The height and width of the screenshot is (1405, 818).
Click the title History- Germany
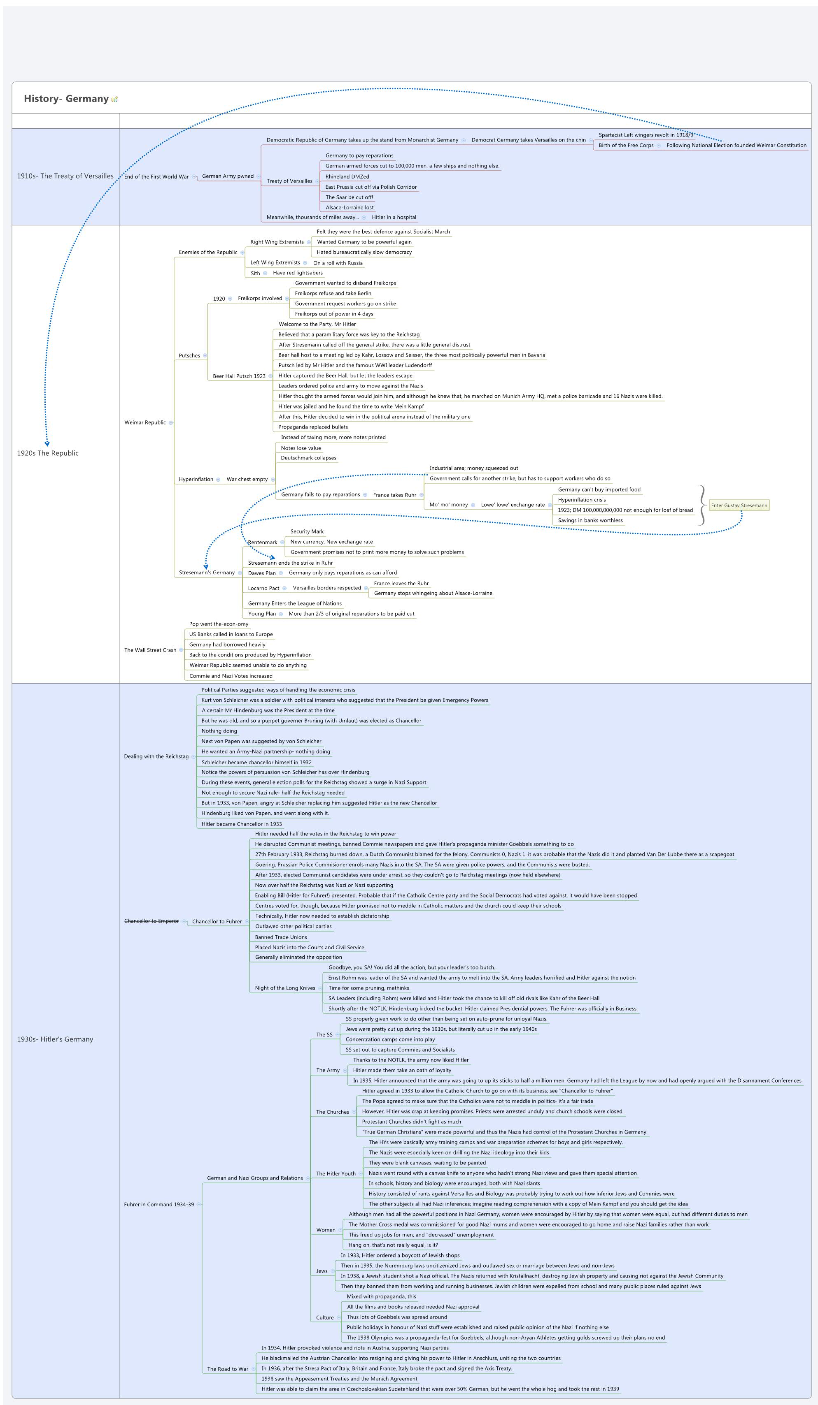coord(66,99)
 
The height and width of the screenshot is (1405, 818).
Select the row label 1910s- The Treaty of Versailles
coord(65,176)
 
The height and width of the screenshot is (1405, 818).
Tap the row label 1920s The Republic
coord(47,453)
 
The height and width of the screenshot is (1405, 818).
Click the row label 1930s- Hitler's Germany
coord(55,1039)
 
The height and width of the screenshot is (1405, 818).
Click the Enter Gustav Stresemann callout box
coord(739,505)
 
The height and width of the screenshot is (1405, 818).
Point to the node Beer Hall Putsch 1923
coord(239,376)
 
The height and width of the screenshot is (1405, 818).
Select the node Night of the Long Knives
coord(284,988)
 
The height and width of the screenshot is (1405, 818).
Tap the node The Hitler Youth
coord(336,1173)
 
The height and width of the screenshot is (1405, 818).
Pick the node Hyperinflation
coord(196,480)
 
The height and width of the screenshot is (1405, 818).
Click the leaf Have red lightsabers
coord(297,273)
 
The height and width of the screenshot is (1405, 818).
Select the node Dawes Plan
coord(262,573)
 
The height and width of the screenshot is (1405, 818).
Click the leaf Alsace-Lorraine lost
coord(349,207)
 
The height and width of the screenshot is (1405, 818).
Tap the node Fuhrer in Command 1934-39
coord(158,1204)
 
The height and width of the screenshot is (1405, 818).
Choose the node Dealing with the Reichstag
coord(156,756)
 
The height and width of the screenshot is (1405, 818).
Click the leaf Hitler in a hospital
coord(394,218)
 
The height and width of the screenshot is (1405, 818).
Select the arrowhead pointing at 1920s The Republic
coord(47,444)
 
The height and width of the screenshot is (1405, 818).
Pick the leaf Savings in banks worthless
coord(590,521)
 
